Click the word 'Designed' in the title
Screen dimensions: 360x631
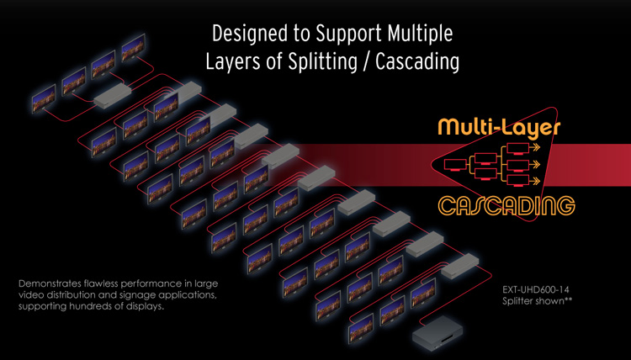pos(245,34)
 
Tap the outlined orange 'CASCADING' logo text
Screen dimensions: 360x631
pos(506,204)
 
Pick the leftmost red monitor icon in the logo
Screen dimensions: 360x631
pos(453,165)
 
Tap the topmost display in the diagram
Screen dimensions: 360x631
pos(131,50)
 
